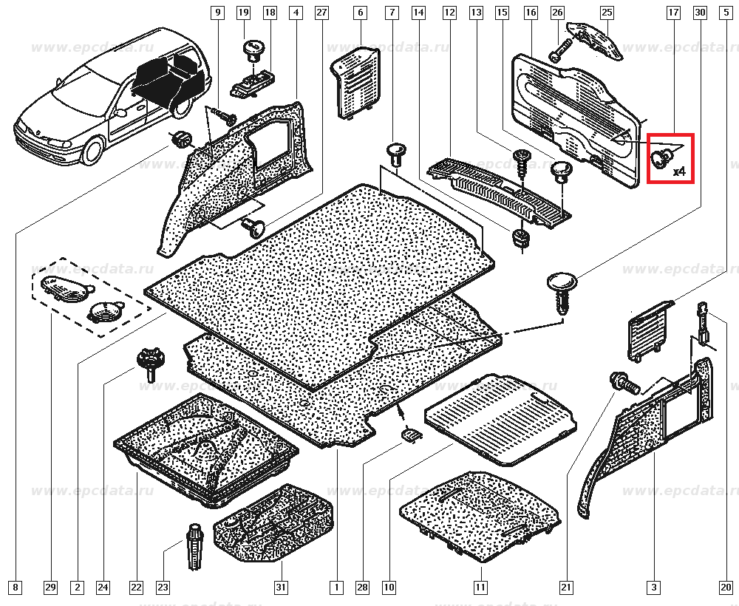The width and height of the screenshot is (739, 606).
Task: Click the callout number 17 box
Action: [x=673, y=13]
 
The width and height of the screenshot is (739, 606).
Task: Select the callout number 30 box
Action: [x=700, y=13]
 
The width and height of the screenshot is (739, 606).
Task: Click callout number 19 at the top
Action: [x=243, y=13]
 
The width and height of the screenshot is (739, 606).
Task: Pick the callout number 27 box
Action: [x=321, y=13]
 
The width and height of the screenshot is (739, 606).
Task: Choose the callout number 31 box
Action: [x=281, y=588]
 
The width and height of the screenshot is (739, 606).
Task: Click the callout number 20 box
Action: [x=725, y=588]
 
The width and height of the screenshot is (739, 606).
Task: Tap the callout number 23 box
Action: [x=163, y=588]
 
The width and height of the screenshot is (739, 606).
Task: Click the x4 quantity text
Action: [x=679, y=171]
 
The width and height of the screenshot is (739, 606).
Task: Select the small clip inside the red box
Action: [x=660, y=156]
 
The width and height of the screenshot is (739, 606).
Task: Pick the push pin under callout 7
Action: [x=397, y=156]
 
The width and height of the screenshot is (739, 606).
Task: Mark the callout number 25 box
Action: [x=607, y=13]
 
